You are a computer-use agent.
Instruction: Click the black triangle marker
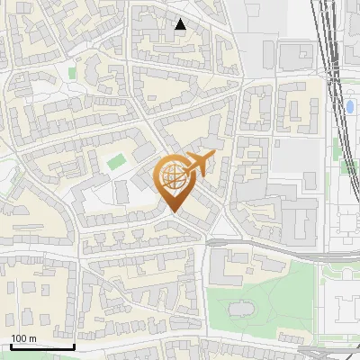[181, 24]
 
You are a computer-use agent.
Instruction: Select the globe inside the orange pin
[175, 176]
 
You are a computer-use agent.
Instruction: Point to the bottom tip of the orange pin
[175, 212]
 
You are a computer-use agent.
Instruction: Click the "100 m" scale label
[23, 338]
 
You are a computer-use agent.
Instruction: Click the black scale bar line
[41, 346]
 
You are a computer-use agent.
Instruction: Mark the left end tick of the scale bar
[10, 345]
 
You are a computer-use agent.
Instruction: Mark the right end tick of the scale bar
[74, 345]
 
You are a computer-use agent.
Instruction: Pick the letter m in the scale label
[32, 338]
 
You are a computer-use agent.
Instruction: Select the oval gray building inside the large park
[241, 309]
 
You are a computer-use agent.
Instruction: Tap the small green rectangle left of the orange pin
[116, 163]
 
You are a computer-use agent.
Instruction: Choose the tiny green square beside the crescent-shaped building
[71, 72]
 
